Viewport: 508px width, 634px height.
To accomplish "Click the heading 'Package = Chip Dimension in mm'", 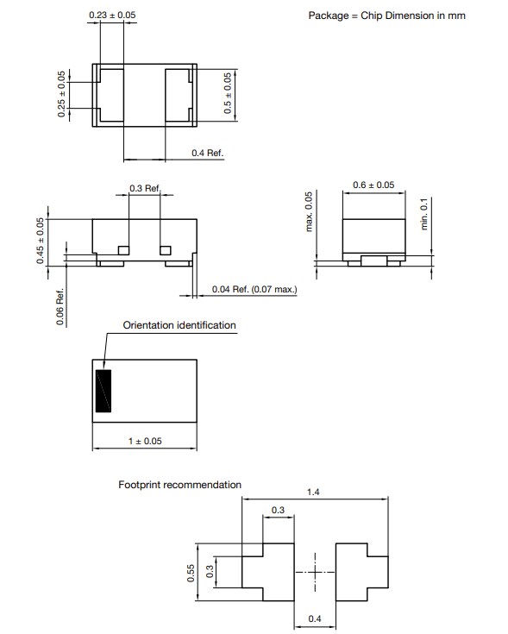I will click(x=387, y=16).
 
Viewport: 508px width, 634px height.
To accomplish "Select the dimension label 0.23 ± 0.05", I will click(x=112, y=16).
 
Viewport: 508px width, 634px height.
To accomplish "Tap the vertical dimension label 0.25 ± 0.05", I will click(x=61, y=95).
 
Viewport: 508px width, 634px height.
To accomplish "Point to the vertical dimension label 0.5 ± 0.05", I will click(x=228, y=94).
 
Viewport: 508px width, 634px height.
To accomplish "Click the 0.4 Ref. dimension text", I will click(x=207, y=153).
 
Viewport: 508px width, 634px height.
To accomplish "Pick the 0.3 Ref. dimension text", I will click(x=145, y=188).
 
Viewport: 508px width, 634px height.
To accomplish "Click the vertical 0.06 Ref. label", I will click(x=60, y=307).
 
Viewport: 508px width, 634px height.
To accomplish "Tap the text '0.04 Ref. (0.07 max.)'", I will click(x=254, y=290).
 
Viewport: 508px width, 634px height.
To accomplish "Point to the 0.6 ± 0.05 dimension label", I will click(x=373, y=185).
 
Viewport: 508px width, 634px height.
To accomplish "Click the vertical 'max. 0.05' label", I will click(x=307, y=212).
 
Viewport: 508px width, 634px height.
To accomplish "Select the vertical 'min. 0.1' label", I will click(x=423, y=211).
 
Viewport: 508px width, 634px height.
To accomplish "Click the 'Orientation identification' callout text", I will click(x=179, y=325).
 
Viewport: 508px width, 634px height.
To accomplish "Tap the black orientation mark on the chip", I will click(x=104, y=391).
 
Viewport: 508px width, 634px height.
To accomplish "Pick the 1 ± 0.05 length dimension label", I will click(x=145, y=442).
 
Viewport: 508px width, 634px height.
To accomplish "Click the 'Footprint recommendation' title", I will click(x=179, y=485).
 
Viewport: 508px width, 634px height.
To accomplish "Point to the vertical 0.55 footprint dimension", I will click(x=191, y=573).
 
